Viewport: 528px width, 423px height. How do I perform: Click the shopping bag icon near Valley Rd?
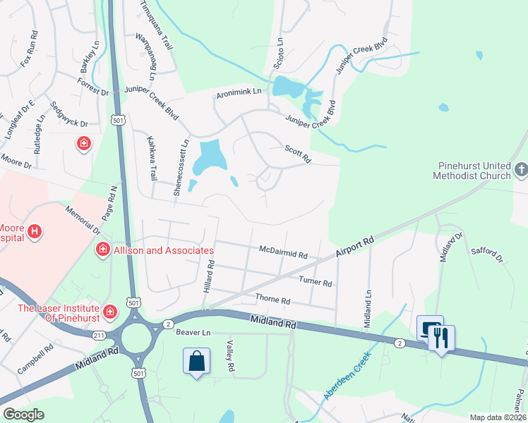click(x=197, y=361)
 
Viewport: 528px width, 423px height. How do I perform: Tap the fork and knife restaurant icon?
click(x=441, y=337)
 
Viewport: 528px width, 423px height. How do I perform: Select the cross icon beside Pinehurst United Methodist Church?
click(x=521, y=169)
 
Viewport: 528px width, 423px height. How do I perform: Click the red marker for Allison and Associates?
click(x=102, y=250)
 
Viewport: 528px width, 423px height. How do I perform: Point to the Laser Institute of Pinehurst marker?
click(x=110, y=311)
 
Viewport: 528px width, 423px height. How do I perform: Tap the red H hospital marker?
click(x=33, y=230)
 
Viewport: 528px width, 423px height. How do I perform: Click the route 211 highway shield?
click(x=97, y=336)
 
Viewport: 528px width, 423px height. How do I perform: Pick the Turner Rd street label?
click(x=315, y=282)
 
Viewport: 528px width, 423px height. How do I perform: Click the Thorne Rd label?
click(x=272, y=300)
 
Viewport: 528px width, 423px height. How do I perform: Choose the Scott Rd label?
click(x=298, y=154)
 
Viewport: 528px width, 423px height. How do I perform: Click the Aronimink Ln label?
click(x=239, y=92)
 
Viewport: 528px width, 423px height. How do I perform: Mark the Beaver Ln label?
click(x=193, y=332)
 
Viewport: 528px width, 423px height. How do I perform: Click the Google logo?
click(x=24, y=414)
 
